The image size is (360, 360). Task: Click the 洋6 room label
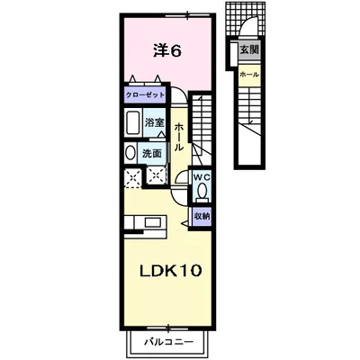pyautogui.click(x=166, y=51)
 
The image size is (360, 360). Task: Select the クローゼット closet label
pyautogui.click(x=144, y=94)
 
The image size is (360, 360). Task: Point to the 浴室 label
pyautogui.click(x=154, y=123)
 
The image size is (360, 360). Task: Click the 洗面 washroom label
pyautogui.click(x=152, y=153)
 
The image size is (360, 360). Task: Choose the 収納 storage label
pyautogui.click(x=202, y=216)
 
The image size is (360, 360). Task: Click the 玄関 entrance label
pyautogui.click(x=246, y=52)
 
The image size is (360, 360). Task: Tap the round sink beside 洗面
pyautogui.click(x=130, y=153)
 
